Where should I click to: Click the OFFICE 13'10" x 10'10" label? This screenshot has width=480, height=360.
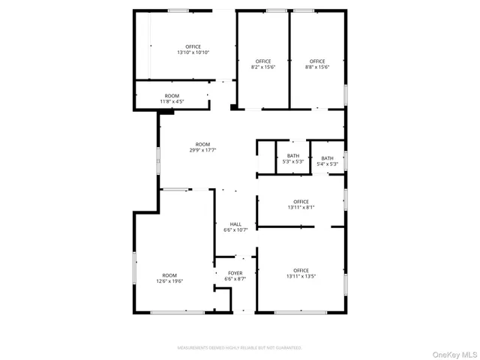coord(193,50)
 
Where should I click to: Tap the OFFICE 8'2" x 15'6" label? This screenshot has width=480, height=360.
coord(262,64)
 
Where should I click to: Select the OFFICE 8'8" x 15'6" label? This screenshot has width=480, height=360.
coord(317,64)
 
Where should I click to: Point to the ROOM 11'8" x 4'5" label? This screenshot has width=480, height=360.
coord(172,98)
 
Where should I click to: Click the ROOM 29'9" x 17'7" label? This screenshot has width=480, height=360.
coord(202,147)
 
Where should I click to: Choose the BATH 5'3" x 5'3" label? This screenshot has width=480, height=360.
coord(292,159)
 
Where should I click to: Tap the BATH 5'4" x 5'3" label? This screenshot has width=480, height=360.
coord(328,160)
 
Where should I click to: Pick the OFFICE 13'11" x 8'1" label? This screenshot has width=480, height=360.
coord(301,205)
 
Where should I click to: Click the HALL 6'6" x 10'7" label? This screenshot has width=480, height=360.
coord(235,227)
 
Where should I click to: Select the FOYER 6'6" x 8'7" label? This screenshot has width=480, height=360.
coord(235,276)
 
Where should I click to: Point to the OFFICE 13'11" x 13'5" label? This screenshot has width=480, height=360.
coord(301,273)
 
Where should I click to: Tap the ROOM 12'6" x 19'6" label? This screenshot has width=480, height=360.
coord(169,277)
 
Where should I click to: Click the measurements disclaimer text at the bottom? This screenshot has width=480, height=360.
coord(239,348)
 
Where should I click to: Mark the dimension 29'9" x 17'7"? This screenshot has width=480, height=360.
coord(202,150)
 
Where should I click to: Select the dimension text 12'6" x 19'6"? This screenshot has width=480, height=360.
coord(169,280)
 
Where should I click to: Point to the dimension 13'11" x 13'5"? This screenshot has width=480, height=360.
coord(301,276)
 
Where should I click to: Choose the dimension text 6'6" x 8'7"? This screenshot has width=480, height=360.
coord(235,279)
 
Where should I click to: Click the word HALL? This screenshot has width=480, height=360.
coord(235,224)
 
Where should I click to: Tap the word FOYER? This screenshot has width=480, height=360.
coord(235,273)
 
